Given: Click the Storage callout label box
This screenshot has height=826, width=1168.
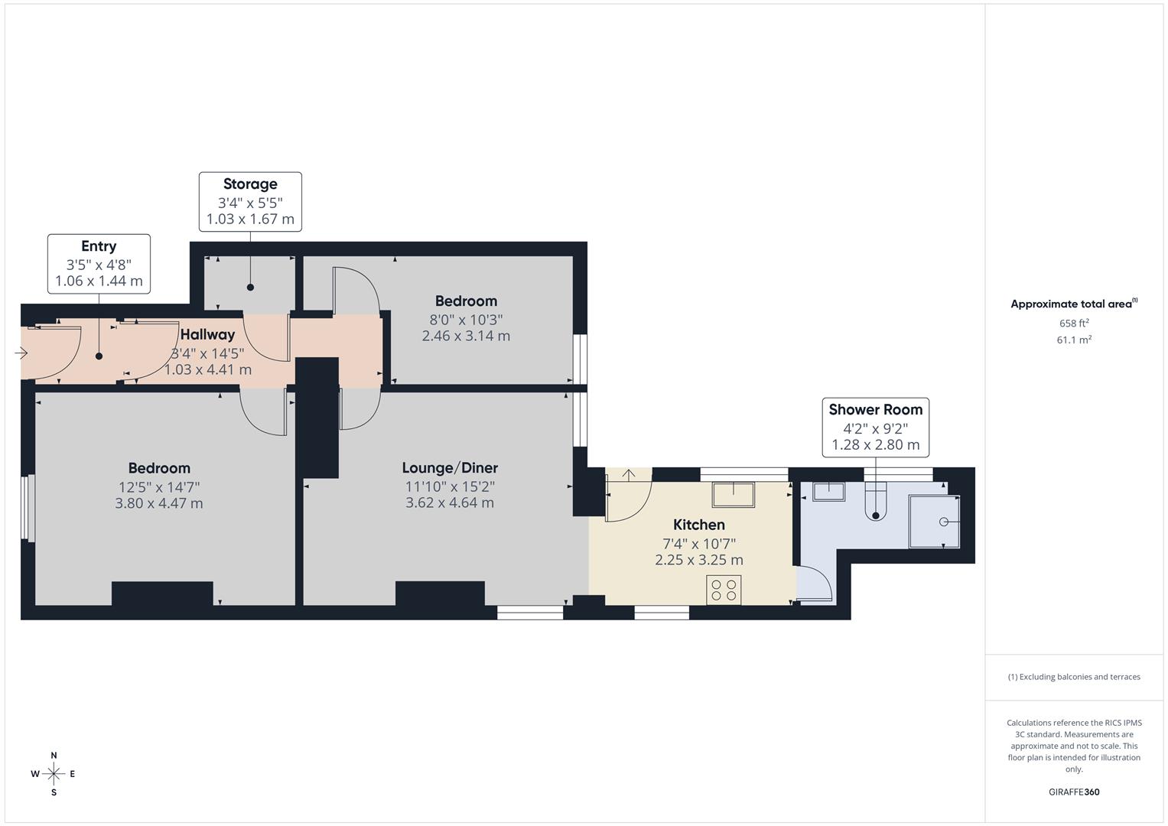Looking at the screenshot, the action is (x=250, y=202).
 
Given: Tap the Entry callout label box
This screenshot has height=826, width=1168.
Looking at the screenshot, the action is (x=99, y=264).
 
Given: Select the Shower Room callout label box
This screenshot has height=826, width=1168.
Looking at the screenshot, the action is (x=876, y=428).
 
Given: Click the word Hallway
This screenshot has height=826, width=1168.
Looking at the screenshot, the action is (x=207, y=334).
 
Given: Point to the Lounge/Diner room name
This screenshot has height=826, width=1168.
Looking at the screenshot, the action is (x=450, y=468).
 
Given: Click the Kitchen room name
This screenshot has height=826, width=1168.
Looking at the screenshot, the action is (x=698, y=525).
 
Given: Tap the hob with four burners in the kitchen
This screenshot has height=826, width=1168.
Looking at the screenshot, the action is (x=724, y=590).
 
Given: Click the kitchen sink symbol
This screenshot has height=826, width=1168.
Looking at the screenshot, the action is (x=734, y=494).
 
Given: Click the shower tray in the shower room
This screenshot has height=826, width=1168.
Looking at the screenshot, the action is (x=934, y=522).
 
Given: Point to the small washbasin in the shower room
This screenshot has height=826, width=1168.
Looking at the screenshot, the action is (x=829, y=492).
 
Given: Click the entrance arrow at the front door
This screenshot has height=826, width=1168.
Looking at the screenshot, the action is (x=21, y=353).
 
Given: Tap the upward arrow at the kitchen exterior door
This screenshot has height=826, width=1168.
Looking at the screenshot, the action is (x=629, y=475).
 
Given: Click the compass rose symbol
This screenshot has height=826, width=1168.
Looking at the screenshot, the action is (x=54, y=774).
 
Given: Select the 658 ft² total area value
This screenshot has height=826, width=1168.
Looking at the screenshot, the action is (x=1074, y=324).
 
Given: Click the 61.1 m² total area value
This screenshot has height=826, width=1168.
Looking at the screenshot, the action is (x=1074, y=340).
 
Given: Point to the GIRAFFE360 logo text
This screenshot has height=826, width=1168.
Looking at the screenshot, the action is (x=1074, y=792).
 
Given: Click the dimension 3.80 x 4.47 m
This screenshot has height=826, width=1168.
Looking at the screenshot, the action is (x=159, y=503).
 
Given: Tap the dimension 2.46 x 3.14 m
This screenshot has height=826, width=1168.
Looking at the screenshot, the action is (x=466, y=336).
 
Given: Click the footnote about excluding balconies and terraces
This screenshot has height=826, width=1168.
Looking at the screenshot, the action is (x=1074, y=677).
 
